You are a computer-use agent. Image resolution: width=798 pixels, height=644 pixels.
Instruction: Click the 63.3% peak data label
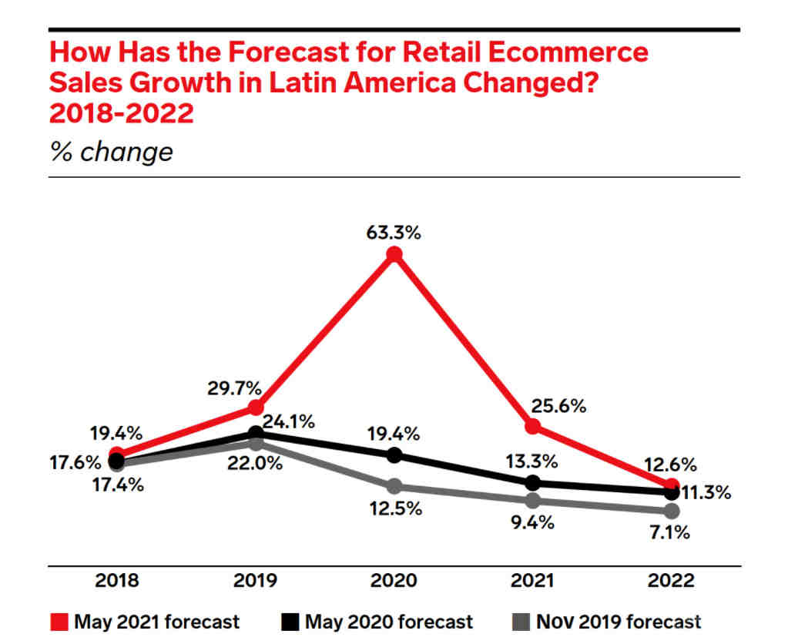[394, 232]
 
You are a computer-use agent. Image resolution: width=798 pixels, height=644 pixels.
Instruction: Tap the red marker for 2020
[394, 255]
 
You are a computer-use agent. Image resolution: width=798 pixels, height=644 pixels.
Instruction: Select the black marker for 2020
[394, 454]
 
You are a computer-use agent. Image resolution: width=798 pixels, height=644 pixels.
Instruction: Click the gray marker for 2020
[394, 486]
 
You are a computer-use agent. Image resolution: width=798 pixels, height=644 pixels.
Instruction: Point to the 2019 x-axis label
[256, 581]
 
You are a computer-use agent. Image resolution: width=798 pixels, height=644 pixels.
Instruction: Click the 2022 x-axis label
[672, 581]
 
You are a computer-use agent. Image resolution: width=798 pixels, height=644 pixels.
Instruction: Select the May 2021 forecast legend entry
[146, 622]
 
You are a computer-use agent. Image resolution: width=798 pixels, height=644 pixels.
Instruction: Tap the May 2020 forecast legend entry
[377, 622]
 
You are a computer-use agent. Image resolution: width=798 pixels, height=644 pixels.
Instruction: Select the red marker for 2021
[532, 426]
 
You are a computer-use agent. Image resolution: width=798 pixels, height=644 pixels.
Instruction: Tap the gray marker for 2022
[672, 511]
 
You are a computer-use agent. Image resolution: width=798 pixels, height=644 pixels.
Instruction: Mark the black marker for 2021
[532, 483]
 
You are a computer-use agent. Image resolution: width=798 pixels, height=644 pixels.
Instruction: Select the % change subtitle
[111, 151]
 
